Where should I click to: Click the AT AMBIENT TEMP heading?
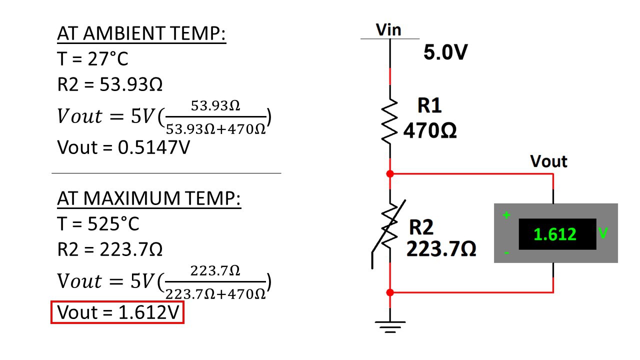[x=141, y=34]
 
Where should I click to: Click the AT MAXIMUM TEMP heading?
[x=149, y=198]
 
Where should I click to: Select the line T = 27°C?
[x=92, y=59]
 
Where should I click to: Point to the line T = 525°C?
[x=98, y=223]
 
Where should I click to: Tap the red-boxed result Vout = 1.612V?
[x=118, y=312]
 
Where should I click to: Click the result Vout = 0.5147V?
[x=123, y=147]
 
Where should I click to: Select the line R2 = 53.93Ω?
[x=110, y=84]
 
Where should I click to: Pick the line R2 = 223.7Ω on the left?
[x=110, y=249]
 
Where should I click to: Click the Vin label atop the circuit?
[x=388, y=29]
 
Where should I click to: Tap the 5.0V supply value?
[x=445, y=52]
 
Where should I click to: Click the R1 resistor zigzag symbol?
[x=389, y=120]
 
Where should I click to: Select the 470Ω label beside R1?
[x=429, y=131]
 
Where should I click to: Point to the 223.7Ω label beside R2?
[x=441, y=248]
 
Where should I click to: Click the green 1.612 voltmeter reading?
[x=555, y=234]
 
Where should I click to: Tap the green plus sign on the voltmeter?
[x=506, y=215]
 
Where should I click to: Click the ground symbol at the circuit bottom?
[x=390, y=327]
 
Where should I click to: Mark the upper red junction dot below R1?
[x=390, y=174]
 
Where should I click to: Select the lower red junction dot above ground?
[x=390, y=292]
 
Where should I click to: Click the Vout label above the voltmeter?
[x=548, y=161]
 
